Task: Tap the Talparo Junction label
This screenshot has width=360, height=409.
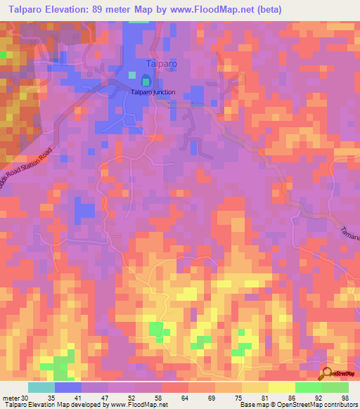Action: point(153,92)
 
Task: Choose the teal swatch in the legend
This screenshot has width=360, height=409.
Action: point(41,387)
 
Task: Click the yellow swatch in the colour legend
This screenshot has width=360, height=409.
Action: point(282,387)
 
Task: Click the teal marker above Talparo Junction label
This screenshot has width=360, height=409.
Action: point(146,81)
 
